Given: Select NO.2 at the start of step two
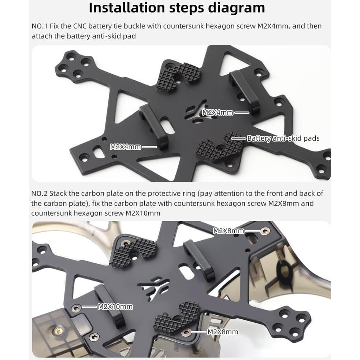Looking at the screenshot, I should click(x=39, y=193).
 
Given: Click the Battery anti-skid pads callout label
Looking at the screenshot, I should click(x=283, y=138).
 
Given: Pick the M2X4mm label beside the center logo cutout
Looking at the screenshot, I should click(x=218, y=113).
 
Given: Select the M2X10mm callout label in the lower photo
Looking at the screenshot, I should click(x=115, y=307).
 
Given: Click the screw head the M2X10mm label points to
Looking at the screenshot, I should click(x=76, y=308).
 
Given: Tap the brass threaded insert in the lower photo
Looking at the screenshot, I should click(x=58, y=331).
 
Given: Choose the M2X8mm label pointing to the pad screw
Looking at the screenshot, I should click(x=222, y=332).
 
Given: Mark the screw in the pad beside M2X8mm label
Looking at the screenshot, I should click(x=187, y=332).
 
